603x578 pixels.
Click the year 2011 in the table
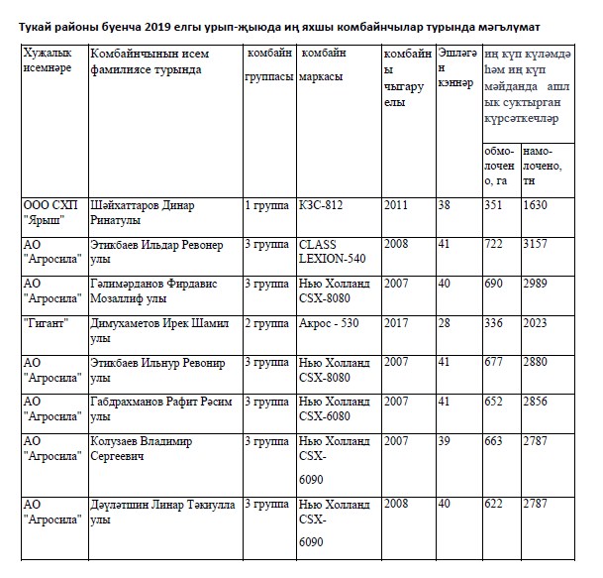click(x=396, y=204)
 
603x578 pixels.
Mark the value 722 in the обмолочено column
click(x=492, y=244)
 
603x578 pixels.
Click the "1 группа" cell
click(x=266, y=204)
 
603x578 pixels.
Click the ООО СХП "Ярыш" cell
click(x=50, y=212)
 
